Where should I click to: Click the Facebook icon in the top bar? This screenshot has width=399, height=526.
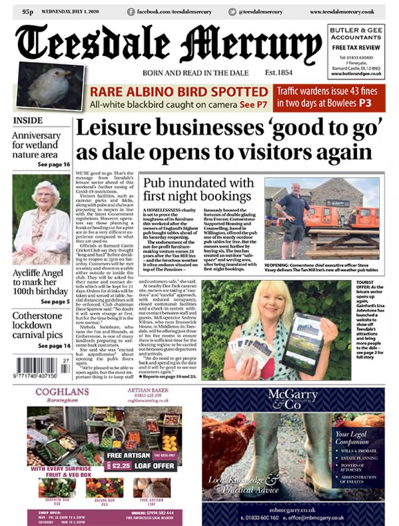[x=131, y=12]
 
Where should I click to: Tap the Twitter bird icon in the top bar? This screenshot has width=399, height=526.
[x=232, y=12]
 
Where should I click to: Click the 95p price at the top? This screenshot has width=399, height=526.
[x=27, y=12]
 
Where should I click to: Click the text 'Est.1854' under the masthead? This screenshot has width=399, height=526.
[x=279, y=73]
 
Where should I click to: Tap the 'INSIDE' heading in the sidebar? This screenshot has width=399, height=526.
[x=28, y=120]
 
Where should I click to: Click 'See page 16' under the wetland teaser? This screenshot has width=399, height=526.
[x=54, y=165]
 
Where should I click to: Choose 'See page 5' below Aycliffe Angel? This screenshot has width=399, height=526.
[x=55, y=302]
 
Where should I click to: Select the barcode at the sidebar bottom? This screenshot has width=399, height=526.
[x=37, y=366]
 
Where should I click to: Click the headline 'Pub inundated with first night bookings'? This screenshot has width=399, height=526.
[x=198, y=189]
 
